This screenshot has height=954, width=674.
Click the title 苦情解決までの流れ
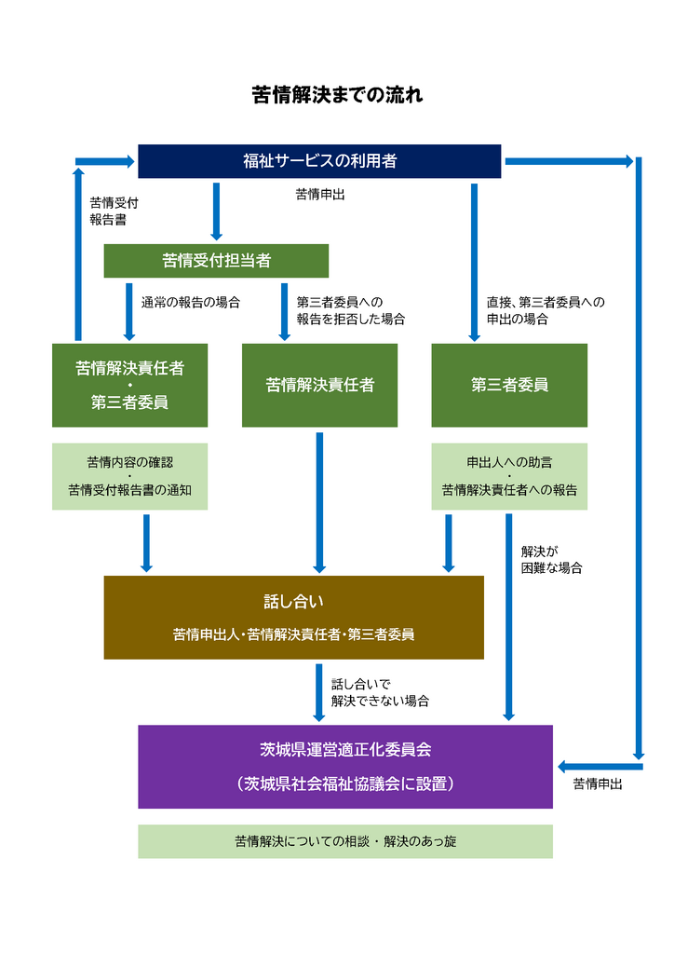[x=337, y=95]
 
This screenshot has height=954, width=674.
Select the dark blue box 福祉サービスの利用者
[x=319, y=161]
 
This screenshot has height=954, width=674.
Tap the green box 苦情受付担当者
[x=216, y=261]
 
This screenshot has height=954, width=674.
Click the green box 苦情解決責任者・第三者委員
[x=129, y=386]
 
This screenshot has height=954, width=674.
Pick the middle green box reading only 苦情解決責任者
[x=319, y=386]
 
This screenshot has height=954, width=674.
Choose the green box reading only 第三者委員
[x=509, y=386]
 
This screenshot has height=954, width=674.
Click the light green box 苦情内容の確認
[x=129, y=476]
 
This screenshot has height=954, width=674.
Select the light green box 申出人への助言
[x=509, y=476]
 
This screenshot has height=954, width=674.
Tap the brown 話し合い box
[x=293, y=617]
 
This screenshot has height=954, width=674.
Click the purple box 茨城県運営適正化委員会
[x=344, y=766]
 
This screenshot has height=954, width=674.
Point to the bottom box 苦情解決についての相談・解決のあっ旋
[x=344, y=841]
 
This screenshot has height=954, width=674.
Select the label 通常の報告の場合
[x=190, y=302]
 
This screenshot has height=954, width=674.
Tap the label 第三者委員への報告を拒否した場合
[x=351, y=310]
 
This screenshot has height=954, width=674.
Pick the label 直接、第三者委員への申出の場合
[x=546, y=310]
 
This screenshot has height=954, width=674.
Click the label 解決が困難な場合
[x=552, y=559]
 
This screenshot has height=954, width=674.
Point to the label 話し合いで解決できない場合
[x=380, y=692]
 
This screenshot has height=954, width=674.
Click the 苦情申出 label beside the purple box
[x=598, y=784]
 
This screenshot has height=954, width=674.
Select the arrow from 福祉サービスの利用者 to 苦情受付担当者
[x=216, y=211]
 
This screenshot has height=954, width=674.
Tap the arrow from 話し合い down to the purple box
[x=319, y=692]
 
